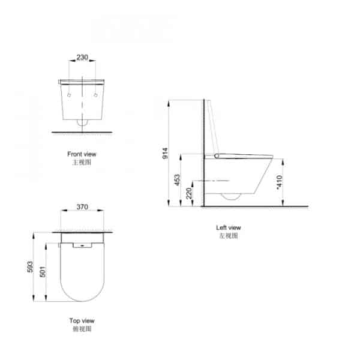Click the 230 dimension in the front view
(x=82, y=58)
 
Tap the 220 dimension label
(x=190, y=194)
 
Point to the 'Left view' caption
(x=229, y=227)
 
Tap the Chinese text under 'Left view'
(x=229, y=236)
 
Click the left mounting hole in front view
(x=70, y=96)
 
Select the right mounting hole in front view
(x=96, y=96)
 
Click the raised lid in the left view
(x=211, y=126)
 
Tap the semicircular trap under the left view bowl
(x=230, y=196)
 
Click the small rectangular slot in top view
(x=79, y=245)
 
